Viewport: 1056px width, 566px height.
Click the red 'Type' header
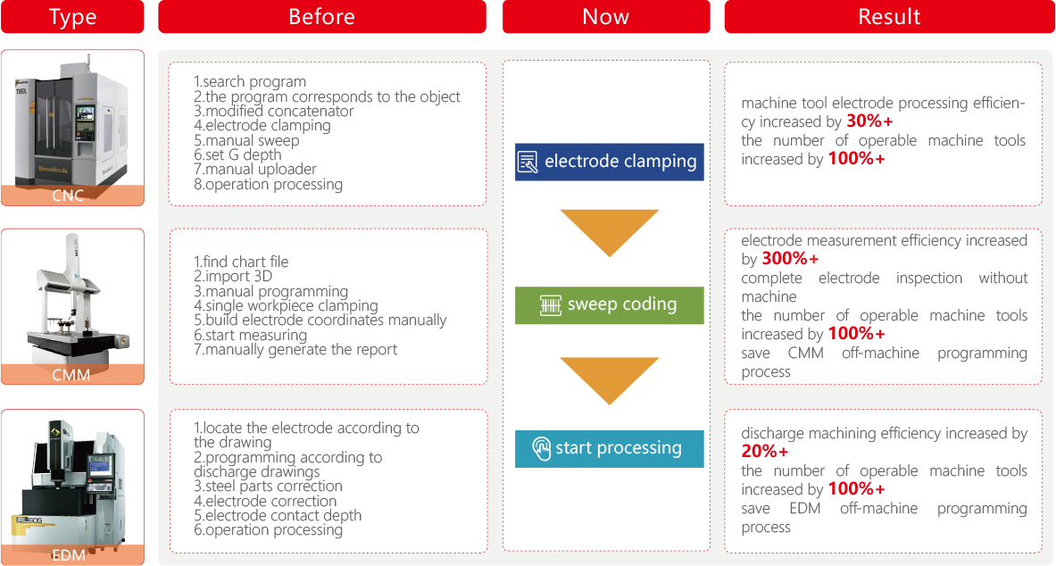[x=72, y=16]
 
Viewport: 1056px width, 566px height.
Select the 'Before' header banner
[x=322, y=16]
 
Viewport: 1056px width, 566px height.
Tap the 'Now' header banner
[x=606, y=16]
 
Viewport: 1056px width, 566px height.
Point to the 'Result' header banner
[x=889, y=16]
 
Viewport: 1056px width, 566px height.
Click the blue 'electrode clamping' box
[x=610, y=162]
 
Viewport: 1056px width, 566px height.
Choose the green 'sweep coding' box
[x=610, y=305]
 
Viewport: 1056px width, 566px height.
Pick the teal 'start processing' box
[x=610, y=449]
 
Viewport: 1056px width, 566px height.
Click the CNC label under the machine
[x=68, y=196]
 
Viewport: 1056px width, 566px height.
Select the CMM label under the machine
[x=71, y=375]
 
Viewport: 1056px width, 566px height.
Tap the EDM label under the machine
[x=69, y=555]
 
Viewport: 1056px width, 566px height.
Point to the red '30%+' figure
[x=869, y=121]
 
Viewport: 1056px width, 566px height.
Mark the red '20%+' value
[x=765, y=452]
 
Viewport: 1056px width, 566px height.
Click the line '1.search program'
[x=250, y=81]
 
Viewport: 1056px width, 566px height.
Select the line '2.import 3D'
[x=233, y=276]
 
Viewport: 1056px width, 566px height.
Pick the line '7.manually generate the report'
[x=295, y=350]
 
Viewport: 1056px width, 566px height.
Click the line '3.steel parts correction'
[x=268, y=486]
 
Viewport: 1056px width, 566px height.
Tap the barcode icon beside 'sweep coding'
[x=551, y=305]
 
